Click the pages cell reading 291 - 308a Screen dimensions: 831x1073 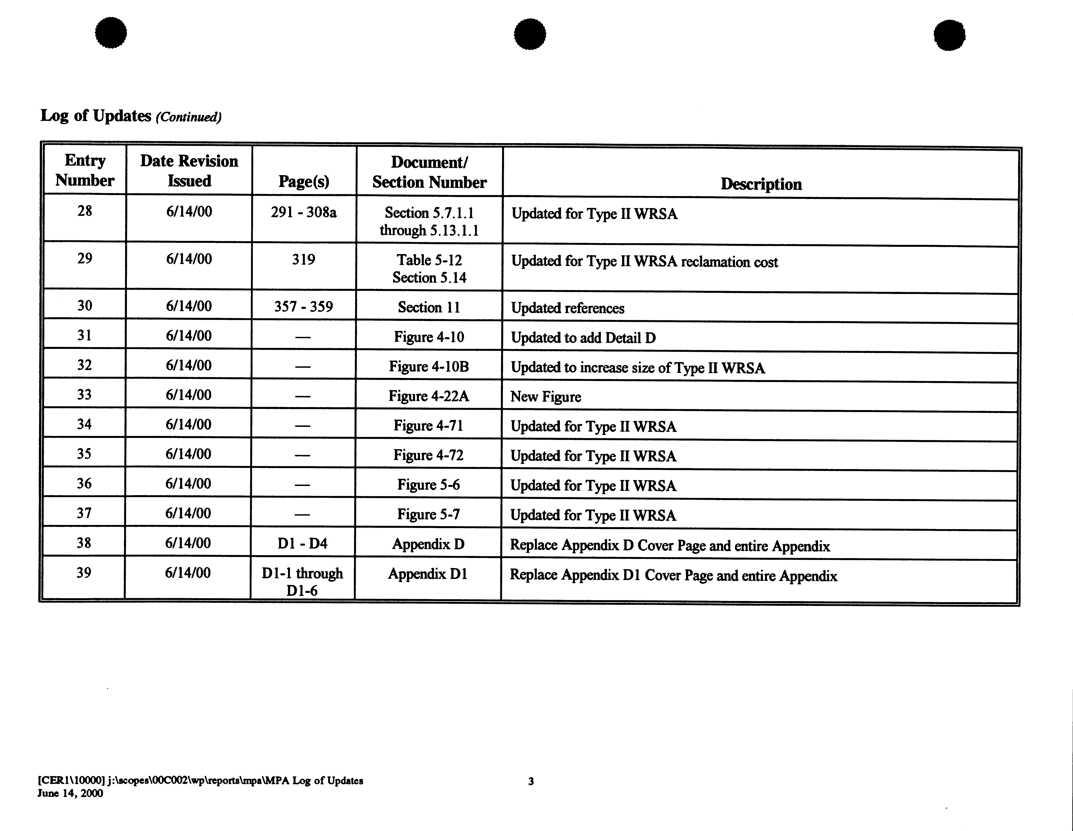click(304, 212)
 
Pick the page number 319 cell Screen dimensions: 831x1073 click(304, 260)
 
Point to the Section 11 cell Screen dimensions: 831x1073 click(429, 307)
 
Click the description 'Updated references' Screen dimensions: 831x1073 click(567, 308)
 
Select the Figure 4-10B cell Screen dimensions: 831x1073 click(429, 367)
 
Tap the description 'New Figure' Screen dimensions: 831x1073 click(545, 397)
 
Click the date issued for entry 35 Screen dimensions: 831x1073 click(188, 454)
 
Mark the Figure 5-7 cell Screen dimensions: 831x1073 click(428, 515)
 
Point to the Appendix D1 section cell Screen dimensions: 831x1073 click(427, 573)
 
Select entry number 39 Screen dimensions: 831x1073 click(84, 572)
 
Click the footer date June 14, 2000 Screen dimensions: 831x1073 click(70, 793)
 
